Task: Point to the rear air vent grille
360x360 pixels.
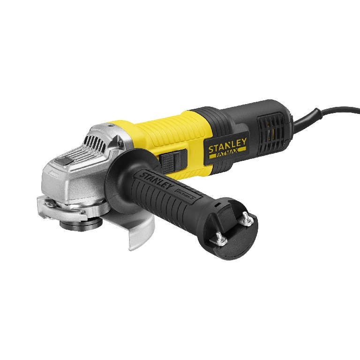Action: [270, 129]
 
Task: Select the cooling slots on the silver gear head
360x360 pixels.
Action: [96, 138]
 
